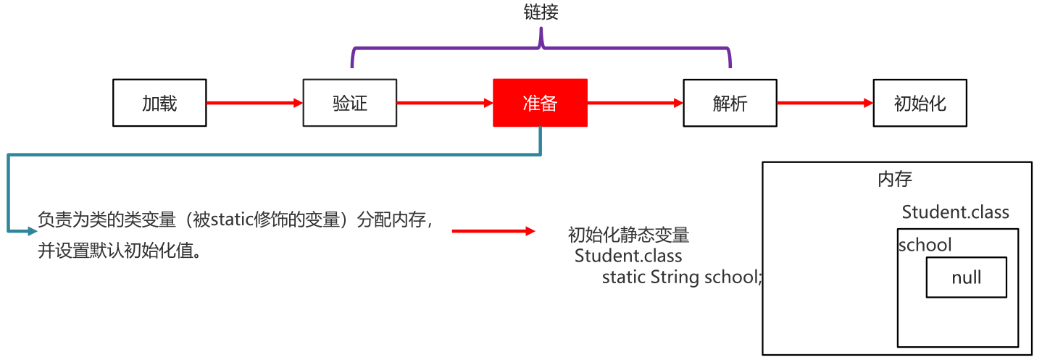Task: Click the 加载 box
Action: pyautogui.click(x=159, y=103)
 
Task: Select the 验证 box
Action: pyautogui.click(x=350, y=103)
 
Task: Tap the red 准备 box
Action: pyautogui.click(x=540, y=103)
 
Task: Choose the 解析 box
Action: pyautogui.click(x=730, y=103)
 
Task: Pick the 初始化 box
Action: pyautogui.click(x=920, y=103)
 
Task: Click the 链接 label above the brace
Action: pyautogui.click(x=541, y=12)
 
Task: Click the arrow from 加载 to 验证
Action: pyautogui.click(x=254, y=103)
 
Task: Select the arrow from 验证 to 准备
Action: pyautogui.click(x=444, y=103)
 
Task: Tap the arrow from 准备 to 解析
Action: pyautogui.click(x=635, y=103)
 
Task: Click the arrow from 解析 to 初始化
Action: pyautogui.click(x=825, y=103)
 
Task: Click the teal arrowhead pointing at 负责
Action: pyautogui.click(x=30, y=231)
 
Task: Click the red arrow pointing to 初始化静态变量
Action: pyautogui.click(x=493, y=231)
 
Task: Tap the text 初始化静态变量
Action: pyautogui.click(x=628, y=235)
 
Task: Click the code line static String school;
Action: pyautogui.click(x=682, y=277)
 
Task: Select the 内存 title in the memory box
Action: pyautogui.click(x=894, y=179)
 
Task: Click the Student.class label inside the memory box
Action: pyautogui.click(x=955, y=212)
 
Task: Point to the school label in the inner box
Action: pyautogui.click(x=925, y=245)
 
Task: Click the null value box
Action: pyautogui.click(x=966, y=277)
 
